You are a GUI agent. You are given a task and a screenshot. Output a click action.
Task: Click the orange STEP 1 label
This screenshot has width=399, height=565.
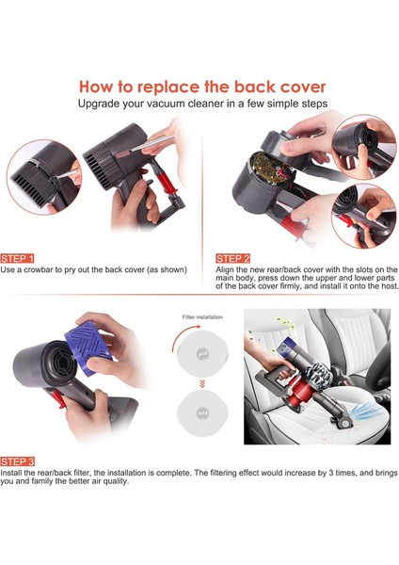coord(17,258)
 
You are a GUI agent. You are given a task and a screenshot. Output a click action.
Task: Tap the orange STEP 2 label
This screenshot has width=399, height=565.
coord(232,258)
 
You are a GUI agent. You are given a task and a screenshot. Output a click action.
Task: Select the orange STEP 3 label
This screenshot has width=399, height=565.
coord(17,461)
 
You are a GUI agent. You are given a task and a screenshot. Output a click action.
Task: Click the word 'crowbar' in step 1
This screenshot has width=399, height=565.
coord(38,269)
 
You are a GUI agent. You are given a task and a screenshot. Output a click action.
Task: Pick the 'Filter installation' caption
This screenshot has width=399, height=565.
coord(202,317)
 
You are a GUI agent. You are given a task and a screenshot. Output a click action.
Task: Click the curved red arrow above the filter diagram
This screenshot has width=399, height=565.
coord(183,335)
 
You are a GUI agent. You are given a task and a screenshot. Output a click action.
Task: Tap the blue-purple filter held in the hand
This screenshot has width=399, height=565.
coord(88,347)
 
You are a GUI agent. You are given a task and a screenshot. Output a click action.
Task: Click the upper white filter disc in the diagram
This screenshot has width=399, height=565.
coord(202,353)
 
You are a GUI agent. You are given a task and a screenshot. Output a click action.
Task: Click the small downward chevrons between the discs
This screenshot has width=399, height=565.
coord(202,384)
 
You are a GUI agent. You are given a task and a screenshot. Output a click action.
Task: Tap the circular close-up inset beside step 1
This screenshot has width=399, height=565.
coord(44,177)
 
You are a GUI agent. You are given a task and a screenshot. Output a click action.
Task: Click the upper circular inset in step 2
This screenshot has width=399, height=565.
coord(363,147)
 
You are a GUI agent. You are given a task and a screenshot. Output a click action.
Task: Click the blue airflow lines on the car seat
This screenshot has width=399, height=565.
coord(364,411)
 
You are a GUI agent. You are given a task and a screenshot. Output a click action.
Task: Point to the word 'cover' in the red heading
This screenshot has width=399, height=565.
coord(303,88)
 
